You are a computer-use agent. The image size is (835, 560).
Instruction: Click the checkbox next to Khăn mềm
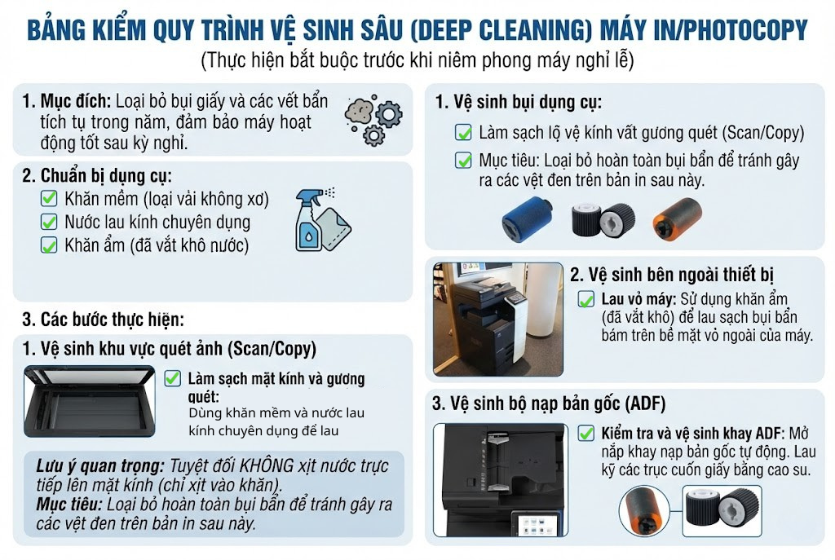coord(49,198)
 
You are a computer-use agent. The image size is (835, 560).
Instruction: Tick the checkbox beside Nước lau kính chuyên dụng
coord(49,222)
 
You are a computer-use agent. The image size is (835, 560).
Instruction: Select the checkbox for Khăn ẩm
coord(49,245)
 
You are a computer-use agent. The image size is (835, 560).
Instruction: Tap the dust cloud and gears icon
coord(373,121)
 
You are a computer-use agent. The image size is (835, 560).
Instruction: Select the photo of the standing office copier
coord(497,318)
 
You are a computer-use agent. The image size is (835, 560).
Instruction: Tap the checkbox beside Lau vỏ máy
coord(586,299)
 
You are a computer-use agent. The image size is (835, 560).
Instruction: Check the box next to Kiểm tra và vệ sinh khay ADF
coord(586,433)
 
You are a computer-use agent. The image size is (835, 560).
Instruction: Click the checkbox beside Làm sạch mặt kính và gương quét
coord(172,378)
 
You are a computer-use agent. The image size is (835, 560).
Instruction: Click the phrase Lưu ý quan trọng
coord(99,466)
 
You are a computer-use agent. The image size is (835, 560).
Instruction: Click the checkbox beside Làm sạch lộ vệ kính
coord(463,132)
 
